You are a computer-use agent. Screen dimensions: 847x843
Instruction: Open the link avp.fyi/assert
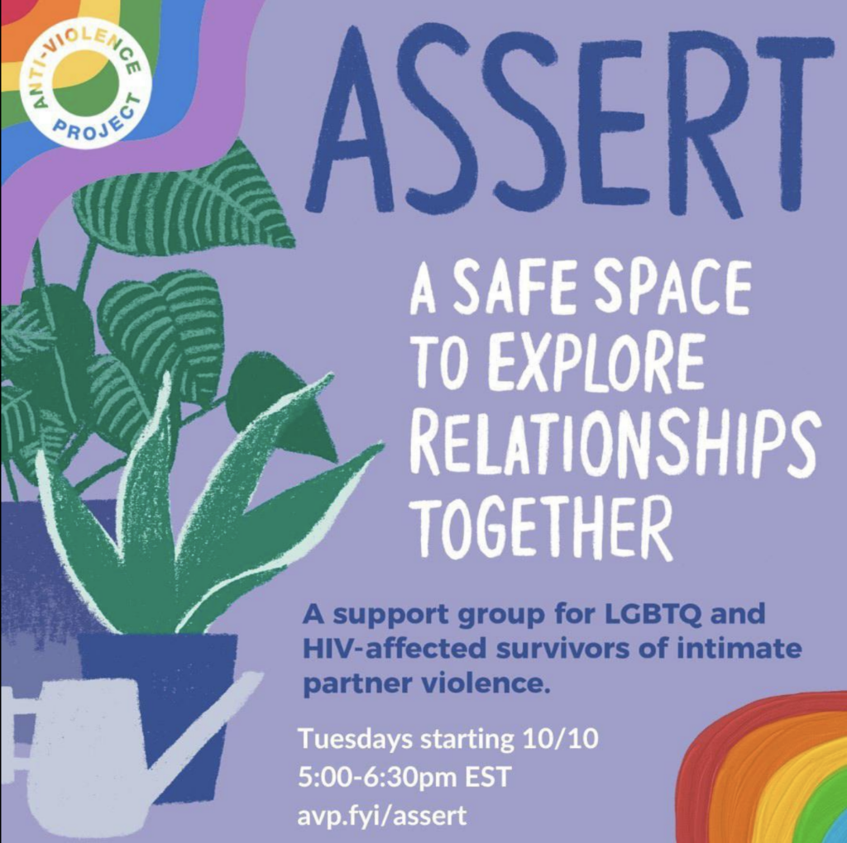click(x=382, y=816)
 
